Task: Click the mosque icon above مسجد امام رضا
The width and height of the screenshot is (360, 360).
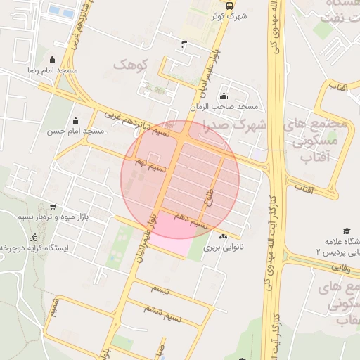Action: [51, 60]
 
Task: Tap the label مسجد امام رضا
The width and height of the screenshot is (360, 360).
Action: [53, 71]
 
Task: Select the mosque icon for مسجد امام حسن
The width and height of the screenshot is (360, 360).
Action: [76, 120]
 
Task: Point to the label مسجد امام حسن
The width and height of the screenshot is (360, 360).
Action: [76, 131]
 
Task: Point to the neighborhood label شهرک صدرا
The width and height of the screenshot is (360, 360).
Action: [235, 126]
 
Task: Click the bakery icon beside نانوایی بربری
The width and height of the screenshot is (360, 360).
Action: [223, 236]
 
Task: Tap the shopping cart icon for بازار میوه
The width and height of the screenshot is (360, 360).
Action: [53, 207]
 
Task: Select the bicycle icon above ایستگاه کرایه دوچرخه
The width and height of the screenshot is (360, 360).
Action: [34, 238]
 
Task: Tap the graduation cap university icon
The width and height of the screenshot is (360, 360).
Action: [346, 231]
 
